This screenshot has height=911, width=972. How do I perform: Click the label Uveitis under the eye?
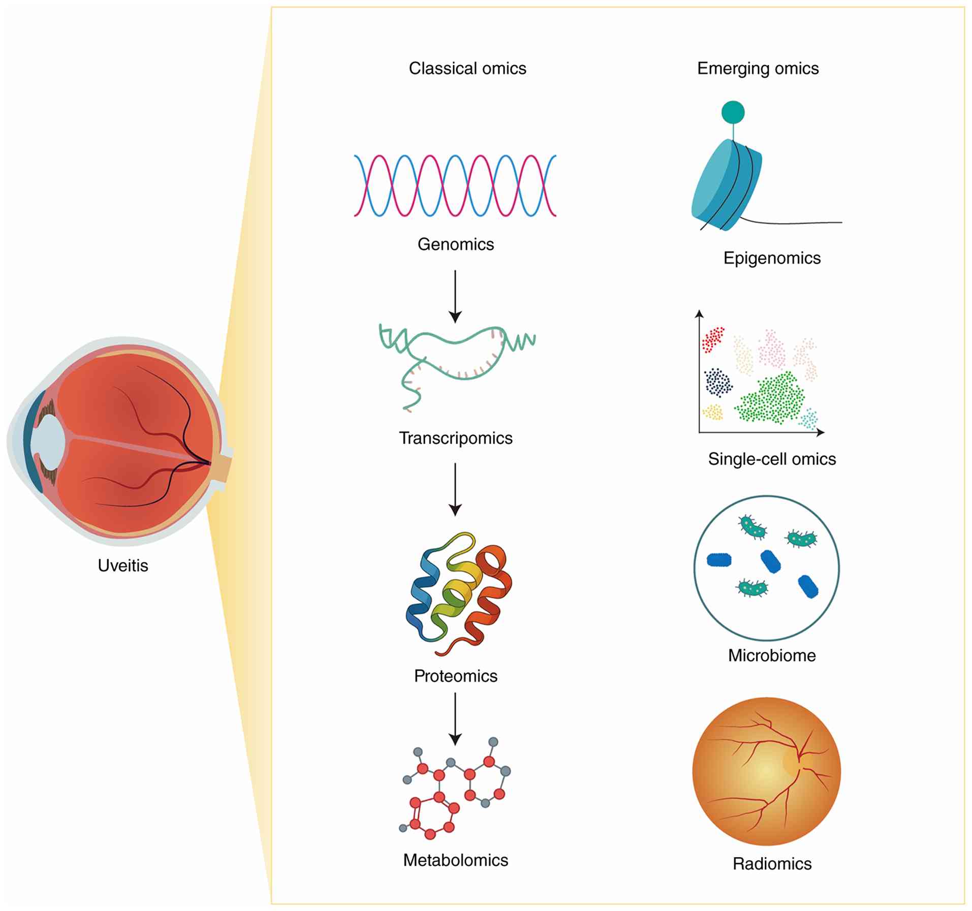123,566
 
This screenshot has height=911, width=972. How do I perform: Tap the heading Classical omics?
467,69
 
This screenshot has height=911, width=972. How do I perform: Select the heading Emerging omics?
758,69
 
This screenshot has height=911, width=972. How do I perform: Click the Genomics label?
456,244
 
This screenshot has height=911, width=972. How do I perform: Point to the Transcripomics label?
456,438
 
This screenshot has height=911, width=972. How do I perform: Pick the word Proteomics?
456,676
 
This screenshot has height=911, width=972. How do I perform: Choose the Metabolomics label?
456,860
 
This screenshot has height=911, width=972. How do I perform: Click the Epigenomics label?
772,258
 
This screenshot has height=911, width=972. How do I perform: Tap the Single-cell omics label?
772,459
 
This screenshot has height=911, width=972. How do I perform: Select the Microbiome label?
772,655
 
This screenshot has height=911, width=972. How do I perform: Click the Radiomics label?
772,863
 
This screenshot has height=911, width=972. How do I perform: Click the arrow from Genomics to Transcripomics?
455,296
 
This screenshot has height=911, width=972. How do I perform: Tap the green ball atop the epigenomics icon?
733,112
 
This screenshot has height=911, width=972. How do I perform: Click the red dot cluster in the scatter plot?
713,339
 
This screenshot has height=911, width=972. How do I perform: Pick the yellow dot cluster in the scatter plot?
712,412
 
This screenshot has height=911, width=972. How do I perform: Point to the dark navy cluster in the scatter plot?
718,382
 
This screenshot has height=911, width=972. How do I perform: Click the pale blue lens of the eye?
48,442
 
